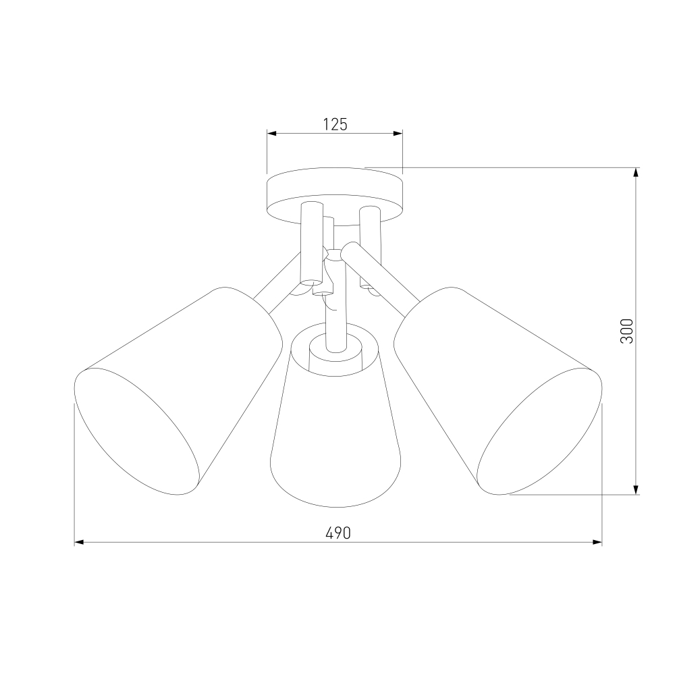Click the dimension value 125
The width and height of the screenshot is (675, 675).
[335, 124]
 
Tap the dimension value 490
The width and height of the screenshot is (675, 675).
[338, 533]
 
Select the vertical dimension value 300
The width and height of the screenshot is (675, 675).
[627, 331]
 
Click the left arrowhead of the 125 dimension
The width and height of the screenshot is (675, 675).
[271, 134]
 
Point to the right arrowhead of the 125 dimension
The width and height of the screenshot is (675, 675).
[398, 134]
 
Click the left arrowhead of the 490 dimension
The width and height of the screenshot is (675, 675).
[79, 543]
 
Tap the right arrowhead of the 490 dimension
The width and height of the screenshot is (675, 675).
[597, 543]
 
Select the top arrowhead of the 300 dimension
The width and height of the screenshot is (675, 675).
[636, 172]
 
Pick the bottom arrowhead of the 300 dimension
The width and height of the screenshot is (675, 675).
[636, 489]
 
